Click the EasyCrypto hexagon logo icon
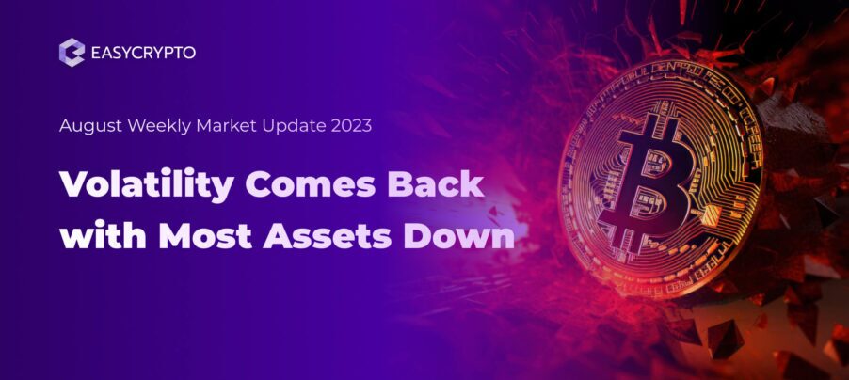[x=72, y=53]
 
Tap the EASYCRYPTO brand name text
[x=143, y=54]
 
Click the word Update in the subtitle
[x=292, y=127]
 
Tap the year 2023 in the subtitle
[x=351, y=127]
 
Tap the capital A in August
[x=65, y=127]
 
